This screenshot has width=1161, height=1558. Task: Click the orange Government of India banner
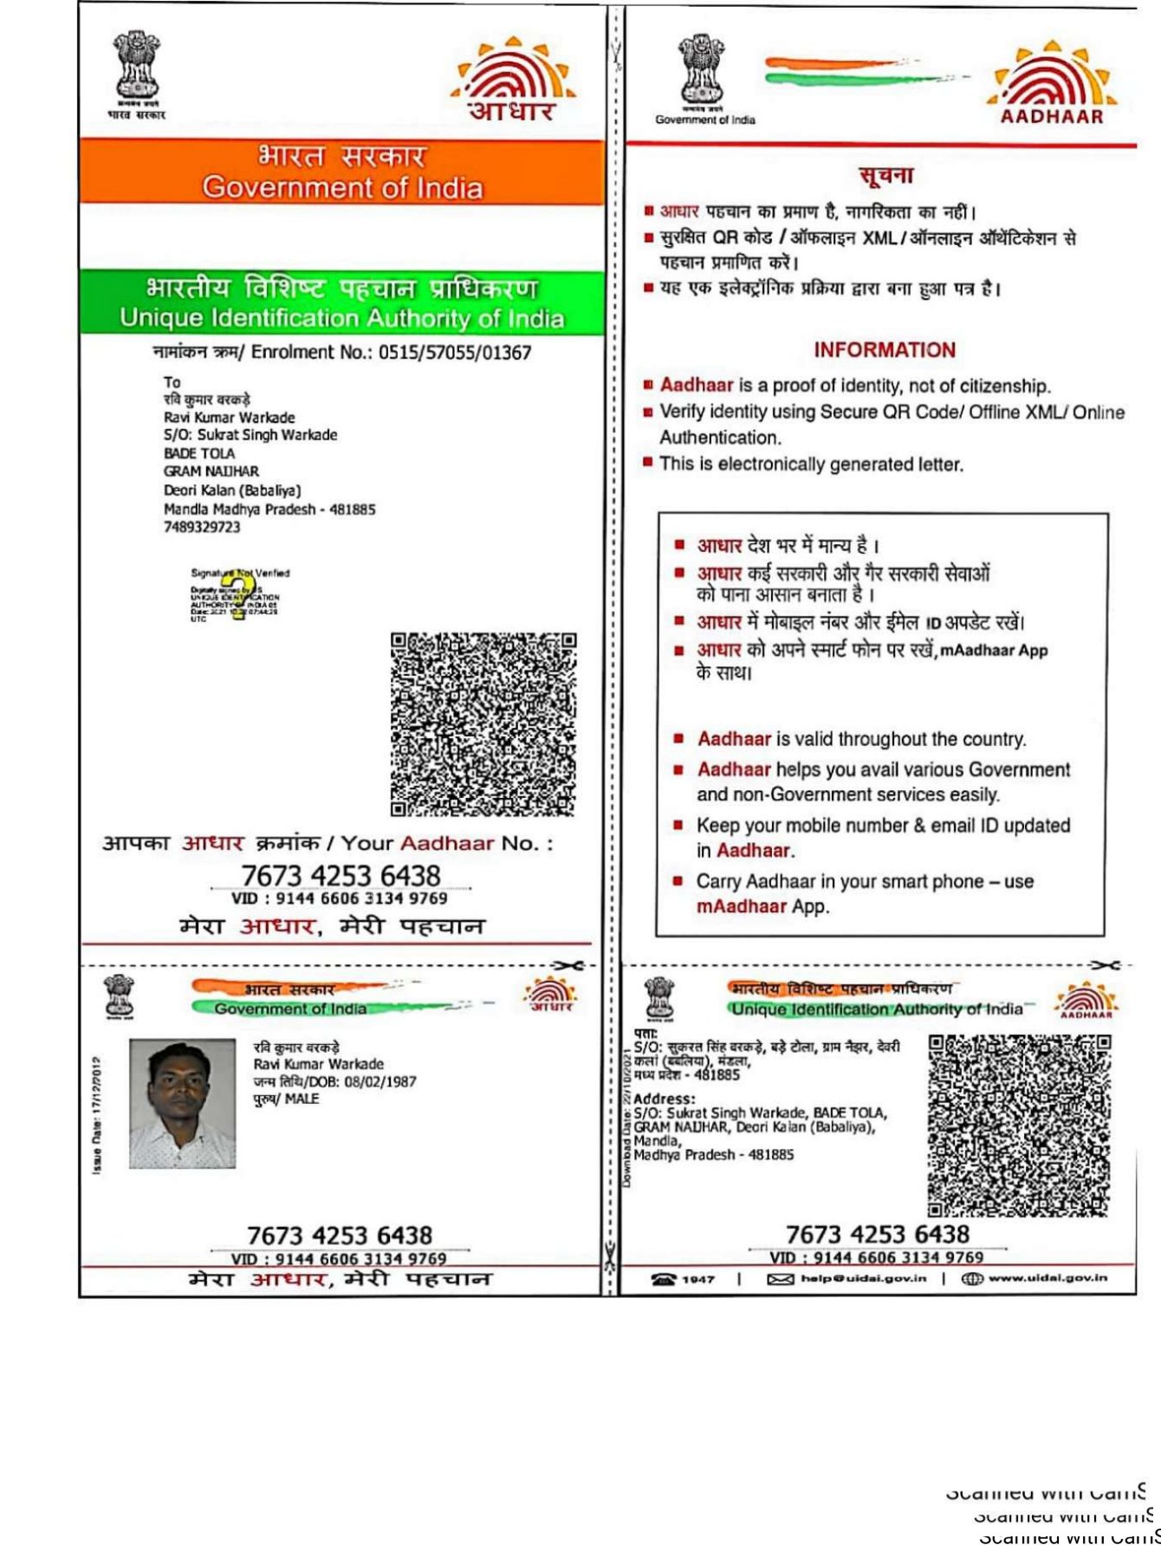[x=341, y=172]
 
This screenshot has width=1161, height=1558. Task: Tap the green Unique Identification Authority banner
[x=341, y=302]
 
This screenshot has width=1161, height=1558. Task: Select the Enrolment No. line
[x=341, y=352]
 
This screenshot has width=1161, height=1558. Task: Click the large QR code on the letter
[x=483, y=724]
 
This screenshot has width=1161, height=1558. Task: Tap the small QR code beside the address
[x=1019, y=1125]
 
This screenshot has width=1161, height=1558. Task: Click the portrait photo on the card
[x=182, y=1103]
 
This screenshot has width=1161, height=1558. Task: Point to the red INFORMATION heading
[x=884, y=350]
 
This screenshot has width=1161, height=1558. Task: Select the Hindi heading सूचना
[x=886, y=176]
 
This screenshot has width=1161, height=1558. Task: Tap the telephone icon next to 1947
[x=664, y=1279]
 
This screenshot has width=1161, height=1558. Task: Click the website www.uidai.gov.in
[x=1047, y=1278]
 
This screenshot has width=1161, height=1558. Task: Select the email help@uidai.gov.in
[x=863, y=1278]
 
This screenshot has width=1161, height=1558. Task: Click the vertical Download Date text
[x=627, y=1118]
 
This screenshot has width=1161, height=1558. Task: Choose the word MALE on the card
[x=302, y=1099]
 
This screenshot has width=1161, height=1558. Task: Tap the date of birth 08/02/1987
[x=379, y=1081]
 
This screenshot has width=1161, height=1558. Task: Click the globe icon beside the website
[x=972, y=1279]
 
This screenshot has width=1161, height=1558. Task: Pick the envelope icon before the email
[x=781, y=1279]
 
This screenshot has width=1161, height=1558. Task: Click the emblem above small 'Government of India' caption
[x=701, y=69]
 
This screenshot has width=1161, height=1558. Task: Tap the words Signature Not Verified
[x=240, y=573]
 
